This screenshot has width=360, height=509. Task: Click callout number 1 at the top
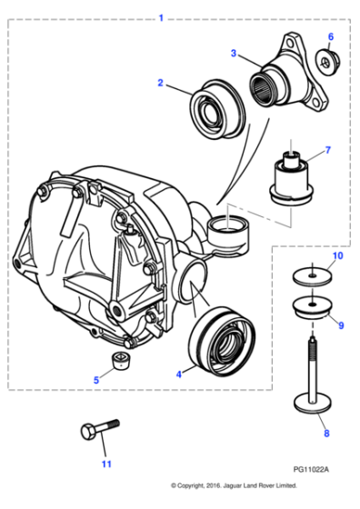click(161, 17)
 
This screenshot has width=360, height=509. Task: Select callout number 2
click(160, 83)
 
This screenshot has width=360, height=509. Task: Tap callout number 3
click(234, 54)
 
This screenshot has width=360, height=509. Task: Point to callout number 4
click(178, 372)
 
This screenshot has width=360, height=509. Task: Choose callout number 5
click(97, 380)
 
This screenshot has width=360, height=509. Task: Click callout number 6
click(330, 37)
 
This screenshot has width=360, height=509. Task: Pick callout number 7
click(328, 150)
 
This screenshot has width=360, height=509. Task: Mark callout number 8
click(328, 434)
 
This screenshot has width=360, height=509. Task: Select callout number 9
click(341, 324)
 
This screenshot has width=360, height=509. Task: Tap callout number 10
click(338, 257)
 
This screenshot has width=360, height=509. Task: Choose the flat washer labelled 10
click(310, 275)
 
